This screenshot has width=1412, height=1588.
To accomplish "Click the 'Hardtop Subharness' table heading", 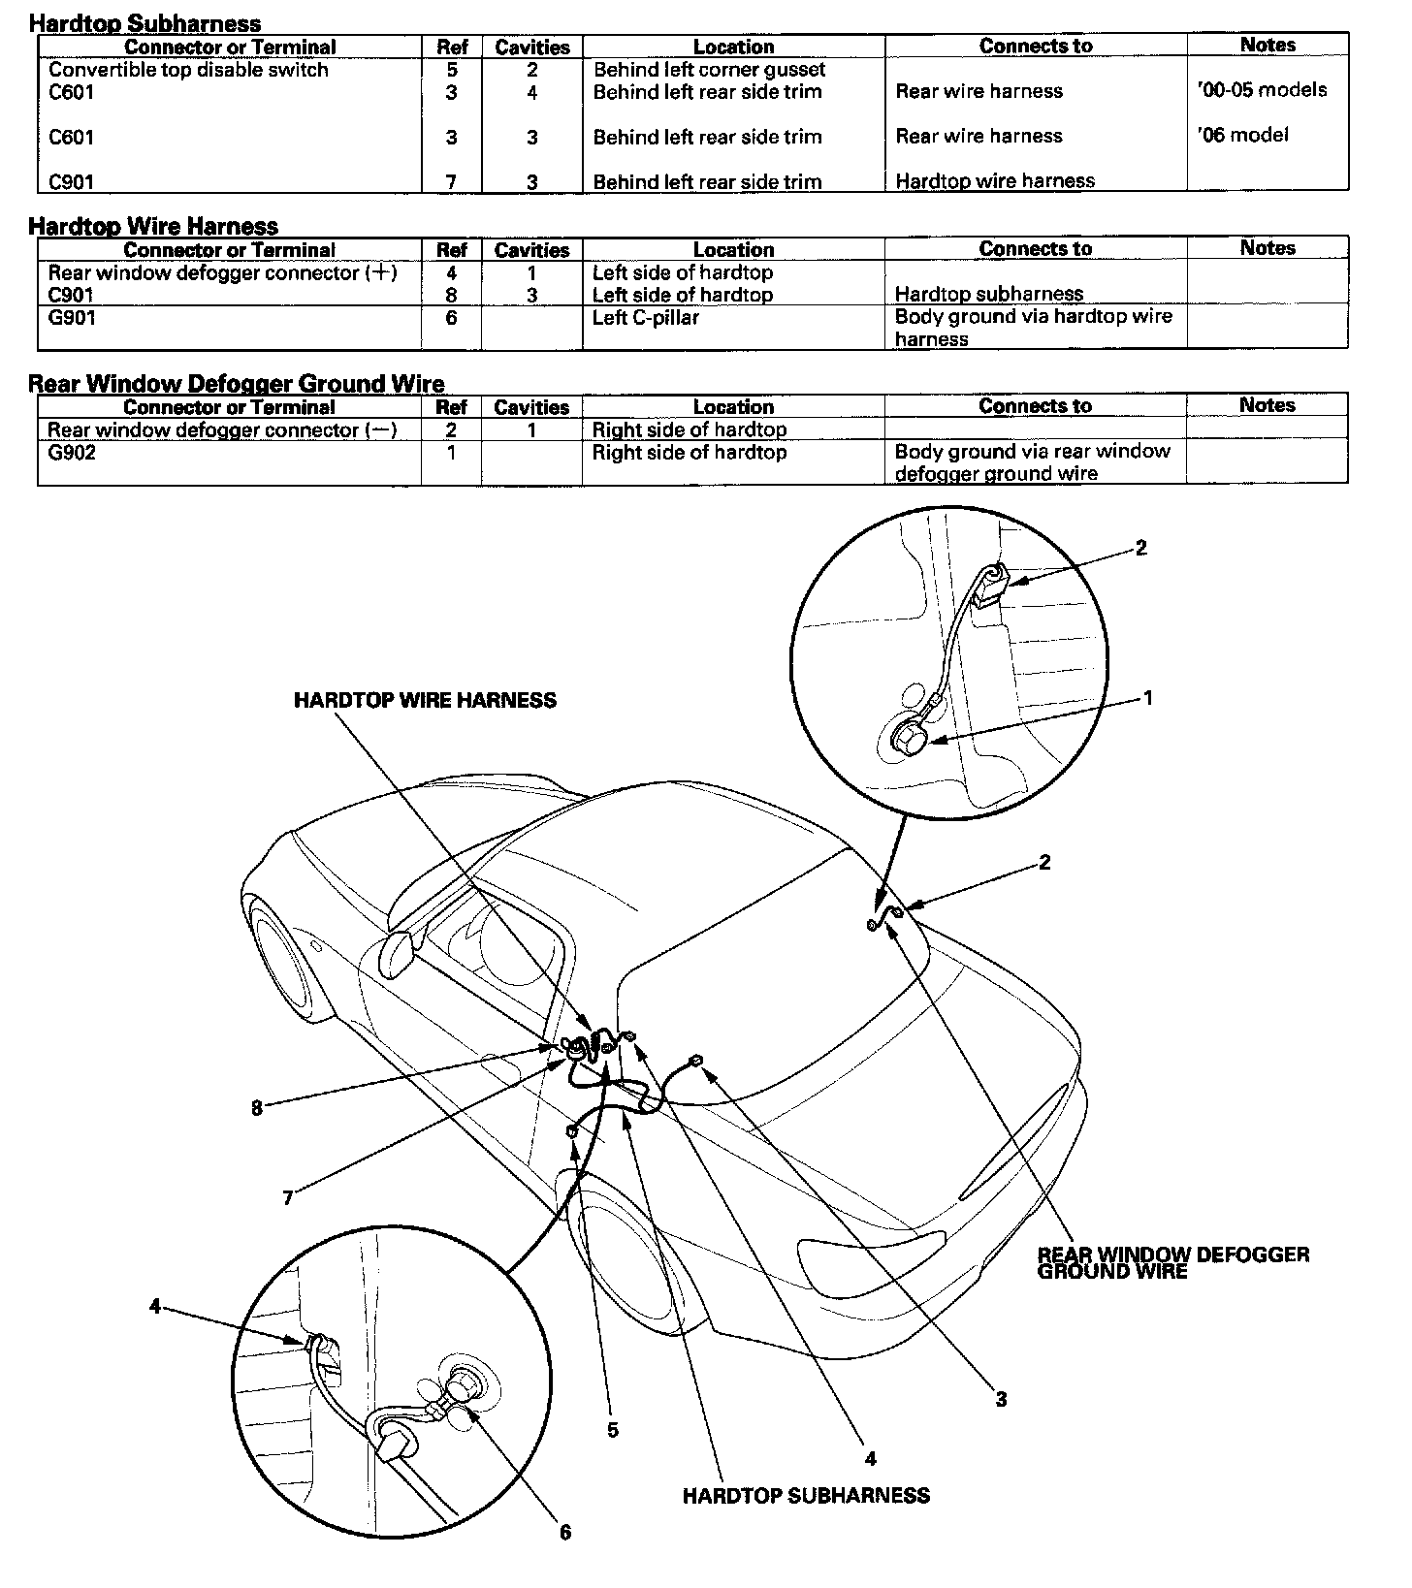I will click(145, 23).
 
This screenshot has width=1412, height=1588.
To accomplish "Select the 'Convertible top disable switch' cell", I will click(188, 70).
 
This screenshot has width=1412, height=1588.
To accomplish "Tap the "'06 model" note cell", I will click(1243, 136).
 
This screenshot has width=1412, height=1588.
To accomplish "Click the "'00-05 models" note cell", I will click(1263, 91).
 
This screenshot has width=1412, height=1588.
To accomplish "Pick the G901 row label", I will click(72, 317).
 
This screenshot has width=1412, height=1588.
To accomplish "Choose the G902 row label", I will click(72, 453).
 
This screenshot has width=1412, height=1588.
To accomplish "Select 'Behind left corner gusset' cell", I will click(709, 70).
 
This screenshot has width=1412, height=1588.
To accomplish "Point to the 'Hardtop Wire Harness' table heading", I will click(153, 226).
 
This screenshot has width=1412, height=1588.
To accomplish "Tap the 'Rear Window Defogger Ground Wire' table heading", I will click(236, 384).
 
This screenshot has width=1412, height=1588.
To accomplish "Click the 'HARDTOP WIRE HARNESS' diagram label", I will click(425, 700).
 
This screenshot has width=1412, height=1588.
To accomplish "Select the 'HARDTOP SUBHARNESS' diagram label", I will click(806, 1495).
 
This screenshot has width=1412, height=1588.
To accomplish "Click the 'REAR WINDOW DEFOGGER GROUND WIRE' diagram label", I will click(1172, 1262).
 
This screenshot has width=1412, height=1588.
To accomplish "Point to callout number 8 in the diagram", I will click(257, 1108).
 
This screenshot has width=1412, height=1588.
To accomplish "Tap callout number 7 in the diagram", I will click(288, 1198).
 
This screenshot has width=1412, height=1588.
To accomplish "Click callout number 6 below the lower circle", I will click(565, 1532).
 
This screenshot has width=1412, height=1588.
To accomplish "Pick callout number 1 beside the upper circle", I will click(1148, 698).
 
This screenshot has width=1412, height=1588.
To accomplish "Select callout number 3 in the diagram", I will click(1001, 1399).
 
